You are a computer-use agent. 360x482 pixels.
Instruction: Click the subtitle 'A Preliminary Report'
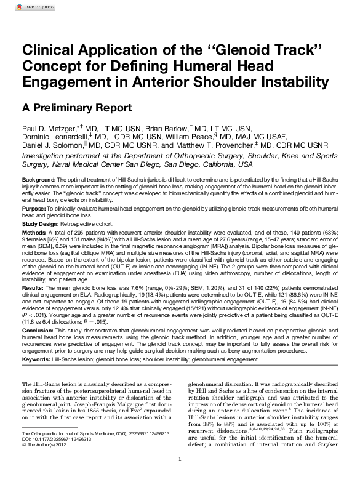pyautogui.click(x=76, y=108)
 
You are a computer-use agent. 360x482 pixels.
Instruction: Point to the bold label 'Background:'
pyautogui.click(x=39, y=178)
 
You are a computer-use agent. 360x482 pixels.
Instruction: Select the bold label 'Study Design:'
pyautogui.click(x=41, y=225)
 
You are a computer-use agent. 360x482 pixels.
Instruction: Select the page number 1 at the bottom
pyautogui.click(x=180, y=476)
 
